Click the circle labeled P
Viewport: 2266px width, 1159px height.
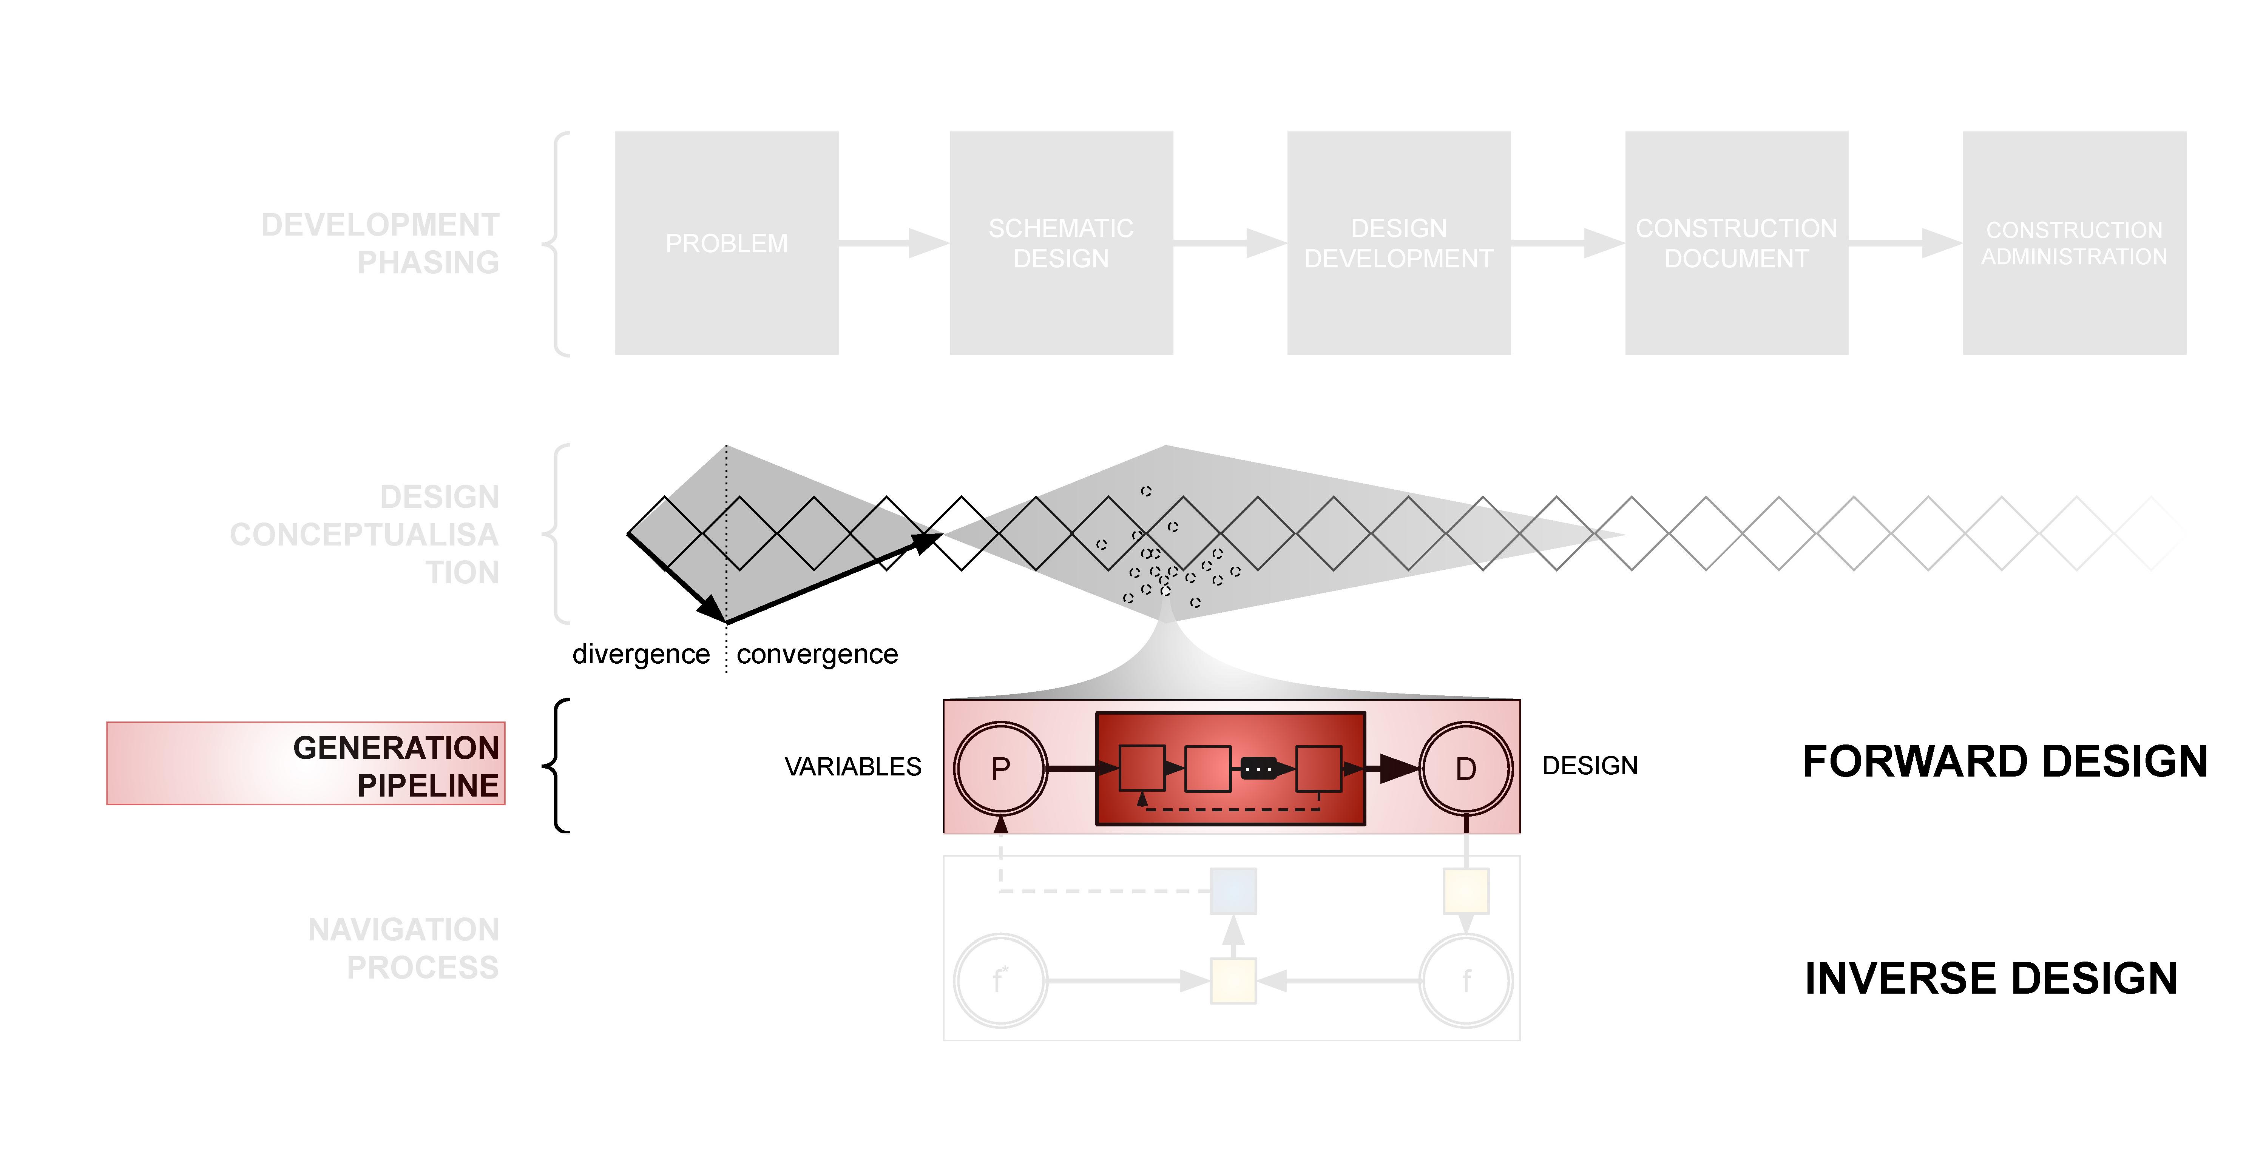click(x=1000, y=769)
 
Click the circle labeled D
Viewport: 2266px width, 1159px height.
click(x=1465, y=769)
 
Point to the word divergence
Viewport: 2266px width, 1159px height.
click(x=641, y=654)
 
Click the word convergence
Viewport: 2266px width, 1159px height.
click(x=817, y=654)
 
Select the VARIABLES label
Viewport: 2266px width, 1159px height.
click(x=852, y=767)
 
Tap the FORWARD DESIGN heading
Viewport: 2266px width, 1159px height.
click(x=2005, y=761)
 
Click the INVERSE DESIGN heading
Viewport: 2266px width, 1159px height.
click(x=1991, y=978)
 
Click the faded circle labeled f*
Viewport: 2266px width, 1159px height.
click(x=1000, y=980)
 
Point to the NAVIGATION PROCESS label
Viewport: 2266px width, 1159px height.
click(x=403, y=948)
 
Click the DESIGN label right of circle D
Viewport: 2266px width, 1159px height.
click(x=1590, y=766)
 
